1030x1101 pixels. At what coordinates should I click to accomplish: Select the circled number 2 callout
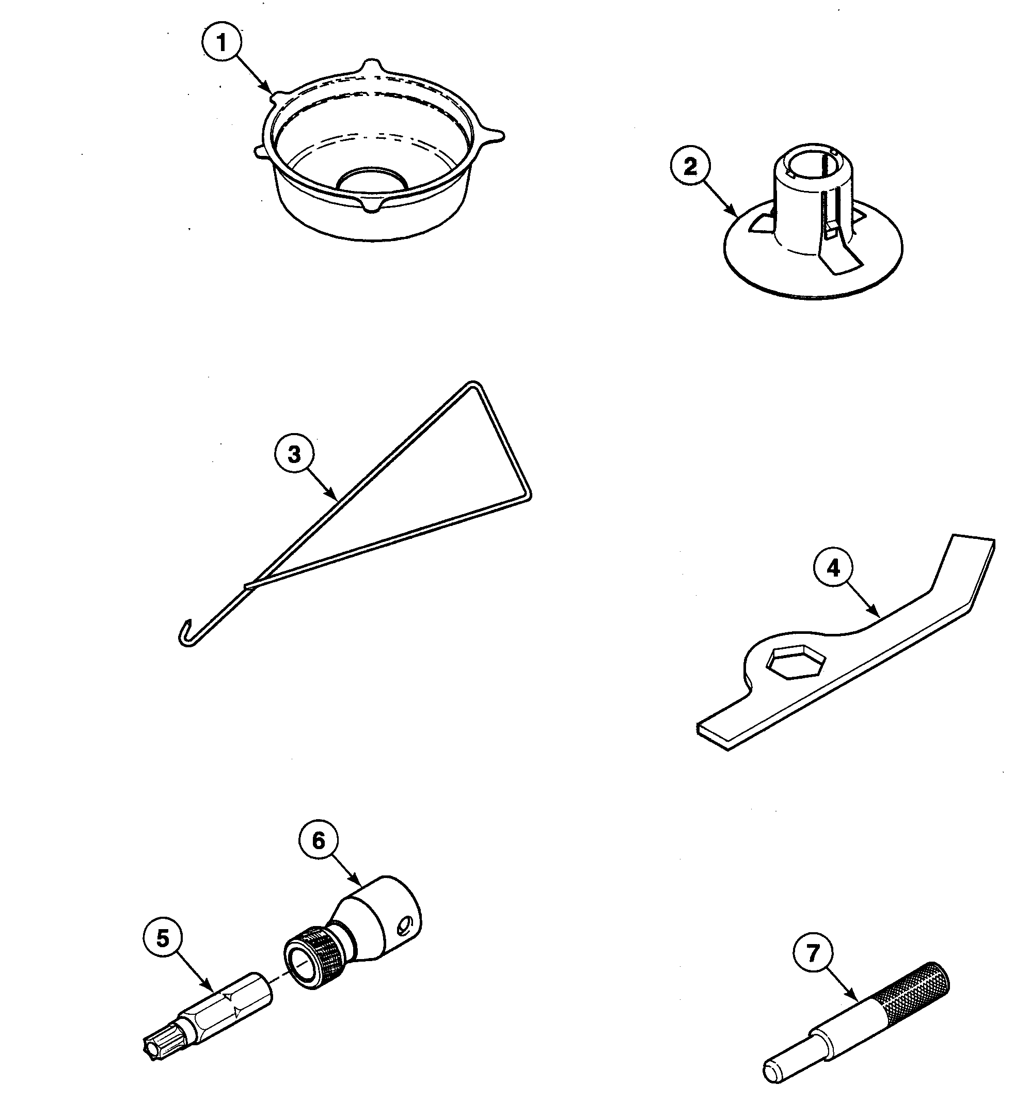[x=690, y=167]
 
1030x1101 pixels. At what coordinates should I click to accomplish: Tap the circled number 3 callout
[x=294, y=455]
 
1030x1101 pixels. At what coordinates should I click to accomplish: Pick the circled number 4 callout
[x=833, y=568]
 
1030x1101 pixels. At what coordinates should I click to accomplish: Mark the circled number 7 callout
[x=813, y=954]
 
